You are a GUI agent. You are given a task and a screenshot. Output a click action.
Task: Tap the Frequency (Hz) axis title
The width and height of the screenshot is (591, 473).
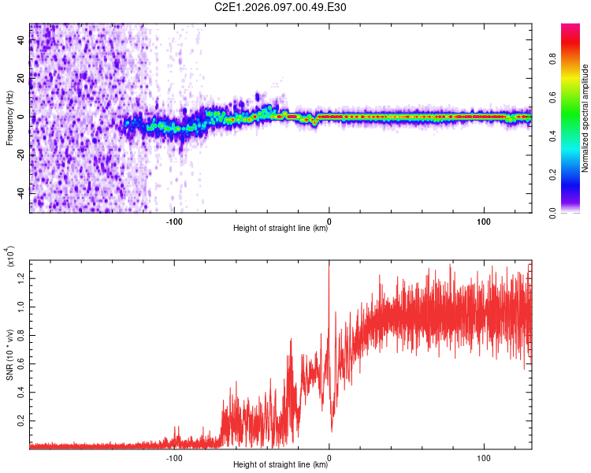pos(9,117)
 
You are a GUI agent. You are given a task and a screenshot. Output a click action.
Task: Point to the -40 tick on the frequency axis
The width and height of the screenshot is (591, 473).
pos(20,193)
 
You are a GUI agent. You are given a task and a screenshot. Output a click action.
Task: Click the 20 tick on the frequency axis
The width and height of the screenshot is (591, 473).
pos(21,79)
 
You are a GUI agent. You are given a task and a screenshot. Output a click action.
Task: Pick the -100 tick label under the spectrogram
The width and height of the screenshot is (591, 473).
pos(174,221)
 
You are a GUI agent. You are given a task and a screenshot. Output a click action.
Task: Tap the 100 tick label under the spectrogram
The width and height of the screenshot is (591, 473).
pos(483,221)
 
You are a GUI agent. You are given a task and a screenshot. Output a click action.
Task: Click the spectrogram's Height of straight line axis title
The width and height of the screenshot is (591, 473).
pos(281,229)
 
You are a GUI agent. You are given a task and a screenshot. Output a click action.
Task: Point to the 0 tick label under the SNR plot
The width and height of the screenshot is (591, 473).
pos(329,457)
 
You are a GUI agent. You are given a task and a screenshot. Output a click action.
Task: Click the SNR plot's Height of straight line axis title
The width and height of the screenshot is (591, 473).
pos(281,465)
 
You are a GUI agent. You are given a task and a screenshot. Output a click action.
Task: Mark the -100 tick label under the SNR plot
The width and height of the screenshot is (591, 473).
pos(174,457)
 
